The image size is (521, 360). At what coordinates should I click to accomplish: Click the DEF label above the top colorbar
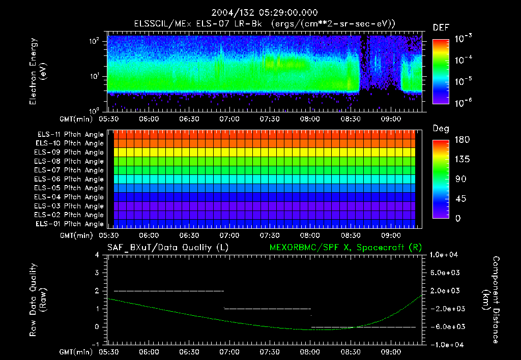pos(441,28)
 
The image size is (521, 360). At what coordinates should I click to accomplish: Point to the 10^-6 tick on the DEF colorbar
pos(465,102)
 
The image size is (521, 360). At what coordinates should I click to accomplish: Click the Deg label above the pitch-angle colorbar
pos(441,129)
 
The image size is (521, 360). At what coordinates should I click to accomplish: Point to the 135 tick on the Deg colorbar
pos(461,159)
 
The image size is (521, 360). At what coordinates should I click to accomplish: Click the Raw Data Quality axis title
pos(39,299)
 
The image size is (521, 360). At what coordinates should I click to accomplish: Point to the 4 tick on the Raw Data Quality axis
pos(97,255)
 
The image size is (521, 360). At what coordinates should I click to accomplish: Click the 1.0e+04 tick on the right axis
pos(446,255)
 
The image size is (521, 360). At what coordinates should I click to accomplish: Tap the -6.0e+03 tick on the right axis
pos(446,326)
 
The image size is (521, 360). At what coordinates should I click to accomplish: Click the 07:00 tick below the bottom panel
pos(229,352)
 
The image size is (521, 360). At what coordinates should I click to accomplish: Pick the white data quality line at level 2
pos(168,291)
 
